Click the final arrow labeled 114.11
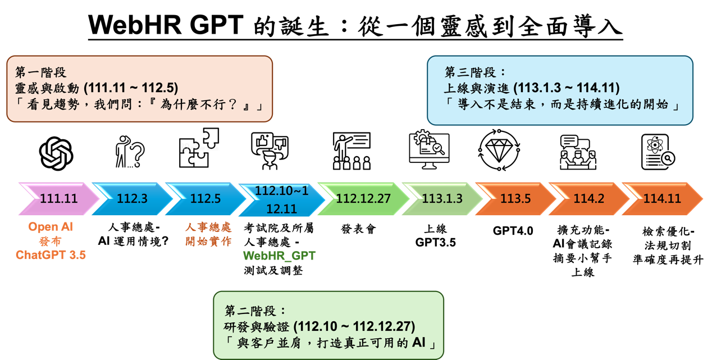coord(661,198)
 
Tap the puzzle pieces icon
coord(199,148)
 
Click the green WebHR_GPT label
coord(279,256)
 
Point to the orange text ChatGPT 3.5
coord(51,255)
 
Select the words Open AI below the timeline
coord(51,227)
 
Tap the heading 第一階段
coord(40,72)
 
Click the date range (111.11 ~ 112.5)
coord(130,88)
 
